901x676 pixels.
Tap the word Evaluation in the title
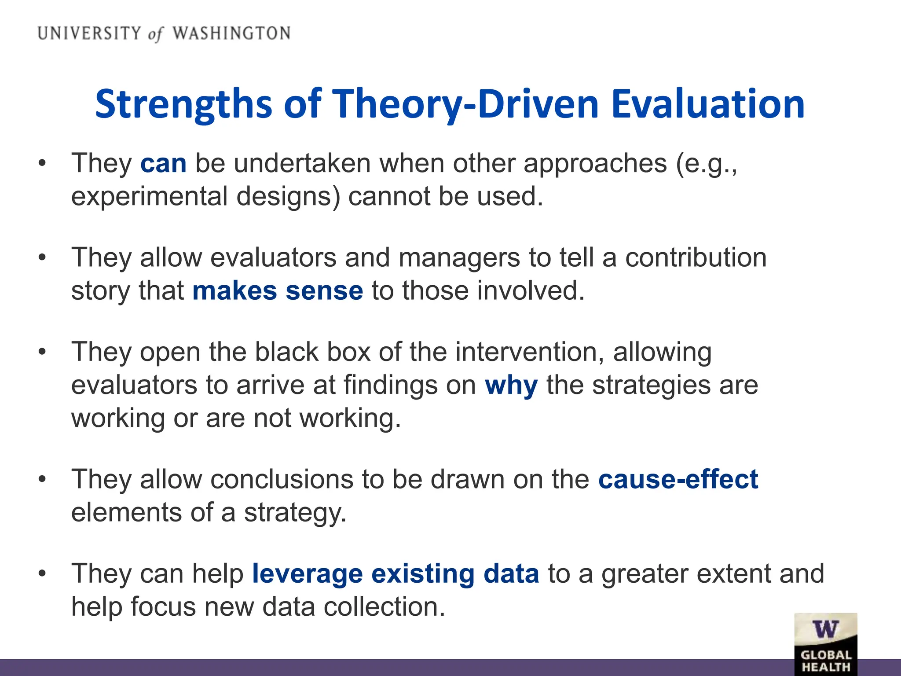click(x=708, y=104)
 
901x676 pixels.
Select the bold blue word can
click(x=163, y=164)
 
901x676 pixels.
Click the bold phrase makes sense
click(x=278, y=291)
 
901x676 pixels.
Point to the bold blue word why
click(x=511, y=386)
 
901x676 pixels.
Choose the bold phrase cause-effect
click(x=678, y=479)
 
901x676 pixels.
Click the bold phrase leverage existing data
click(x=395, y=574)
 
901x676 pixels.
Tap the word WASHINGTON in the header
click(x=231, y=33)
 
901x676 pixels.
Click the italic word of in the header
click(x=155, y=34)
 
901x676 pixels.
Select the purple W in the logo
click(x=825, y=629)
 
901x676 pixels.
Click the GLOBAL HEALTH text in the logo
click(x=826, y=661)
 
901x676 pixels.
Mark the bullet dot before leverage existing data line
click(x=42, y=574)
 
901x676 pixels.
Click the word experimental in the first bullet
click(x=149, y=197)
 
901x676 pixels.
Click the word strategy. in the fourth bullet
click(x=295, y=513)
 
